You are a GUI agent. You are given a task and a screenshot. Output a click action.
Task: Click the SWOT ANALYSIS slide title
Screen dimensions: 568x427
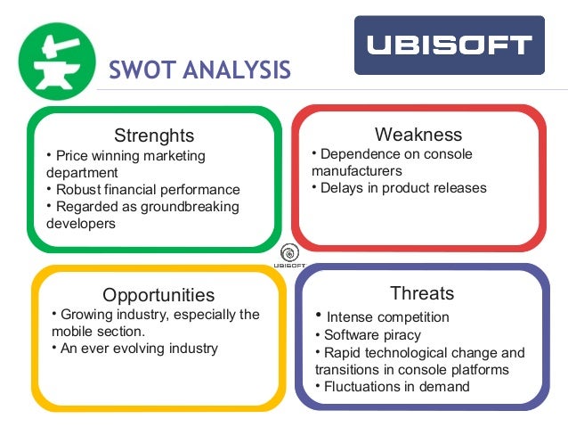pyautogui.click(x=199, y=70)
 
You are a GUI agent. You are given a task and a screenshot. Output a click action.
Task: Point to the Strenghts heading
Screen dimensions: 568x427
pyautogui.click(x=154, y=136)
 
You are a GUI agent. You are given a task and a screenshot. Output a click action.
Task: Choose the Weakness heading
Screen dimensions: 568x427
pyautogui.click(x=418, y=135)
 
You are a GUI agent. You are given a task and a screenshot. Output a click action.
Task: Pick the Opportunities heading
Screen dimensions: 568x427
pyautogui.click(x=158, y=295)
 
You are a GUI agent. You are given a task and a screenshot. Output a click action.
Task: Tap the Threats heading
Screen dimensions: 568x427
pyautogui.click(x=422, y=293)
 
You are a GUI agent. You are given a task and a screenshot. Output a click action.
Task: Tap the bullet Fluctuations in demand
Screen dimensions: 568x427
pyautogui.click(x=396, y=387)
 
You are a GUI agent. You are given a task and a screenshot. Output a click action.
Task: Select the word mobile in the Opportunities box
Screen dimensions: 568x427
pyautogui.click(x=65, y=332)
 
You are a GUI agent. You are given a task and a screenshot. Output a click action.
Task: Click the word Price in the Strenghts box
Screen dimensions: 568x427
pyautogui.click(x=72, y=156)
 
